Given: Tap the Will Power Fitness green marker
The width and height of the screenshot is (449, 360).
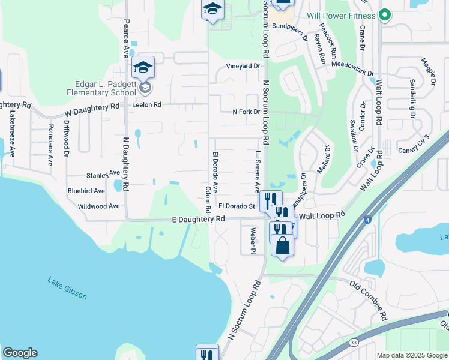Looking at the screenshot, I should click(x=385, y=16).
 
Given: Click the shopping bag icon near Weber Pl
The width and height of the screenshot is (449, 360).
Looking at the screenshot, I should click(x=282, y=245).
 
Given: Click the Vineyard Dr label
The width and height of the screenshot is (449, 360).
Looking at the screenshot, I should click(x=243, y=66).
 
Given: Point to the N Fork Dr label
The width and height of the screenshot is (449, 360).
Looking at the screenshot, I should click(x=246, y=112).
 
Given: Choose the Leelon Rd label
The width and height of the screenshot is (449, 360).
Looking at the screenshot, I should click(x=149, y=104).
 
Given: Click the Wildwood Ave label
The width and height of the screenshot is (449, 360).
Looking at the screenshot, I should click(x=99, y=206).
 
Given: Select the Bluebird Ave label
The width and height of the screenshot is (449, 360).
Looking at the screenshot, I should click(x=86, y=190).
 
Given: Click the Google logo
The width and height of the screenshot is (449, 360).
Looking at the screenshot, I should click(x=20, y=353).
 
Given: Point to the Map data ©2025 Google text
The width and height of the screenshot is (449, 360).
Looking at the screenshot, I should click(x=411, y=355).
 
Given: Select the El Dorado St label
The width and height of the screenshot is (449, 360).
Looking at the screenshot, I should click(x=237, y=206).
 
